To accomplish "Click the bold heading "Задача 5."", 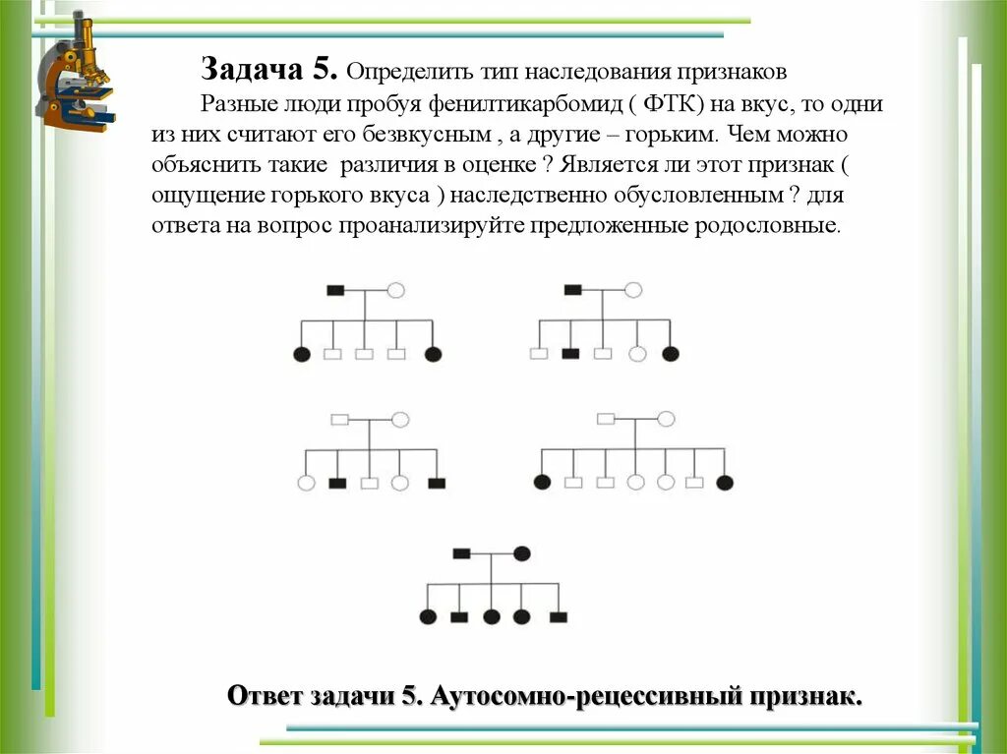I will (270, 71).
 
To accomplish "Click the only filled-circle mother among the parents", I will (522, 553).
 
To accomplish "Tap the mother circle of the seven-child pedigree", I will (666, 419).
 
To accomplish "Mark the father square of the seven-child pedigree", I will (605, 419).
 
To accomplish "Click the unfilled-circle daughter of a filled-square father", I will (636, 354).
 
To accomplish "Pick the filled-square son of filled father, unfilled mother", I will (570, 354).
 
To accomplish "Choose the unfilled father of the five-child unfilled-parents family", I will (339, 419).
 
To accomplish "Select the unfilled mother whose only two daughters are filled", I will (395, 290).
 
